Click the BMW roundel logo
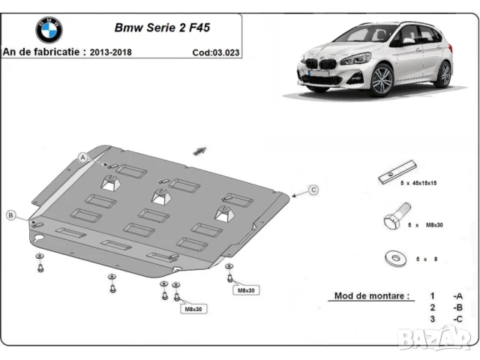click(x=49, y=30)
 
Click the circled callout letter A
click(x=84, y=156)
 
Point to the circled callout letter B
click(x=11, y=216)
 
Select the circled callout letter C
click(x=314, y=189)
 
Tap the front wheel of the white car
click(x=381, y=79)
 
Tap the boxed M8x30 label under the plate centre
click(x=191, y=308)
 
